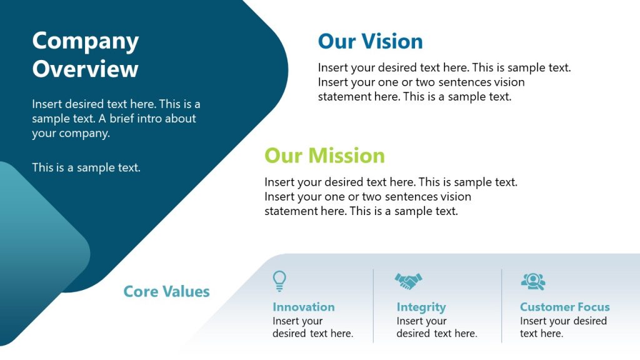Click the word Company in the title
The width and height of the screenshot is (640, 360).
86,41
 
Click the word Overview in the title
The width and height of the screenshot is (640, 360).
86,68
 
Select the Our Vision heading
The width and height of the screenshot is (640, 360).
370,41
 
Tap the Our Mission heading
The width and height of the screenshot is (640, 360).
324,155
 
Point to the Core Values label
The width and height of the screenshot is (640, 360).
166,291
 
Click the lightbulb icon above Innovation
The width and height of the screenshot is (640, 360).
280,281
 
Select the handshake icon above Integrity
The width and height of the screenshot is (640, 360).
408,281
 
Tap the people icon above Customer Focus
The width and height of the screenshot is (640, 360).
532,281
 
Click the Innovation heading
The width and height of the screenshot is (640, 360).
304,307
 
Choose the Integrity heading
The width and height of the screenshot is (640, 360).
421,307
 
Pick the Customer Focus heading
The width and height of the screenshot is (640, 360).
564,307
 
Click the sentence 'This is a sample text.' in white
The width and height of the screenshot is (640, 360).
86,167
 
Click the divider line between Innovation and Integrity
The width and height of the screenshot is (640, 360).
374,306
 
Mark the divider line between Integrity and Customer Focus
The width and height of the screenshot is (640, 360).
502,306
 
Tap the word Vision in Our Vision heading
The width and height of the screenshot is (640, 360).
392,41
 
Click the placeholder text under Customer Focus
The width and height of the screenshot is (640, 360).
562,327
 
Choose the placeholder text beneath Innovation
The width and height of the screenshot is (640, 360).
312,327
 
